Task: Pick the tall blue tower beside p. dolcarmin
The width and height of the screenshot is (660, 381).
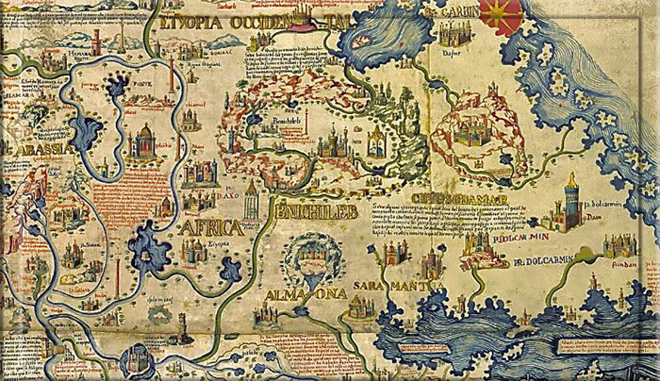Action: click(x=569, y=204)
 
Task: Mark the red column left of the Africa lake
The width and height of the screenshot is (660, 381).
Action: click(x=119, y=273)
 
